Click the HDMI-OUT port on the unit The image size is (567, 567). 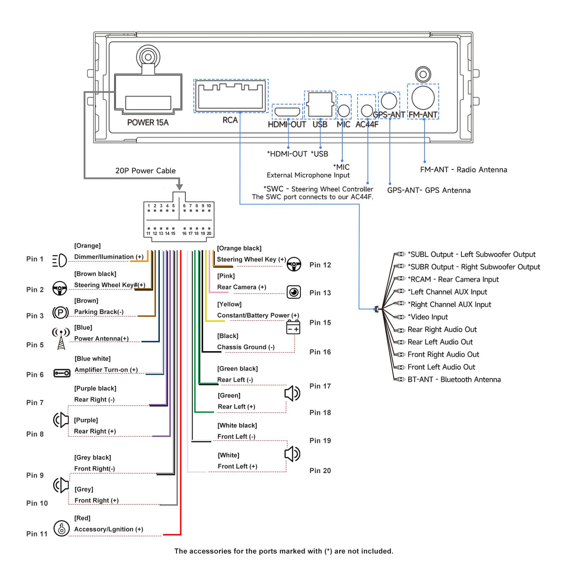click(287, 112)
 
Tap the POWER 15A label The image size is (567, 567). click(148, 122)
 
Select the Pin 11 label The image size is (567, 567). click(37, 534)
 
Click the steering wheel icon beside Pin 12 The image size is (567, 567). click(294, 264)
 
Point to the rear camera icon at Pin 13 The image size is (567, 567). click(294, 292)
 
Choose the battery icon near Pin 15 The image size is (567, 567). click(293, 327)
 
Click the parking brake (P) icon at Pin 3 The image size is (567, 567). click(60, 312)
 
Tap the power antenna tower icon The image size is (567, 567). click(61, 339)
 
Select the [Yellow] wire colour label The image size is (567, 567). click(229, 304)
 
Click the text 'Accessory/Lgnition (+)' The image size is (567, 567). click(108, 529)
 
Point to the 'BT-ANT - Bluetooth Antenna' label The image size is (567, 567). click(454, 380)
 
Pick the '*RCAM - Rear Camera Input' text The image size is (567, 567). click(453, 279)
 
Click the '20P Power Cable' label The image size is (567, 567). click(145, 171)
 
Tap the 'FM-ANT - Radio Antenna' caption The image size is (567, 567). click(463, 170)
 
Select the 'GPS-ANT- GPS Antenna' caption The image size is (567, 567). click(429, 190)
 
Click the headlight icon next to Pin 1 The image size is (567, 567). click(59, 260)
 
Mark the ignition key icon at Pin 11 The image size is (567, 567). click(61, 528)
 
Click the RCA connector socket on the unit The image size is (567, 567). click(231, 95)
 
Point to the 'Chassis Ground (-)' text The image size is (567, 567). click(246, 347)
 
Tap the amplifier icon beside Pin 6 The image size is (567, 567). click(62, 373)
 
